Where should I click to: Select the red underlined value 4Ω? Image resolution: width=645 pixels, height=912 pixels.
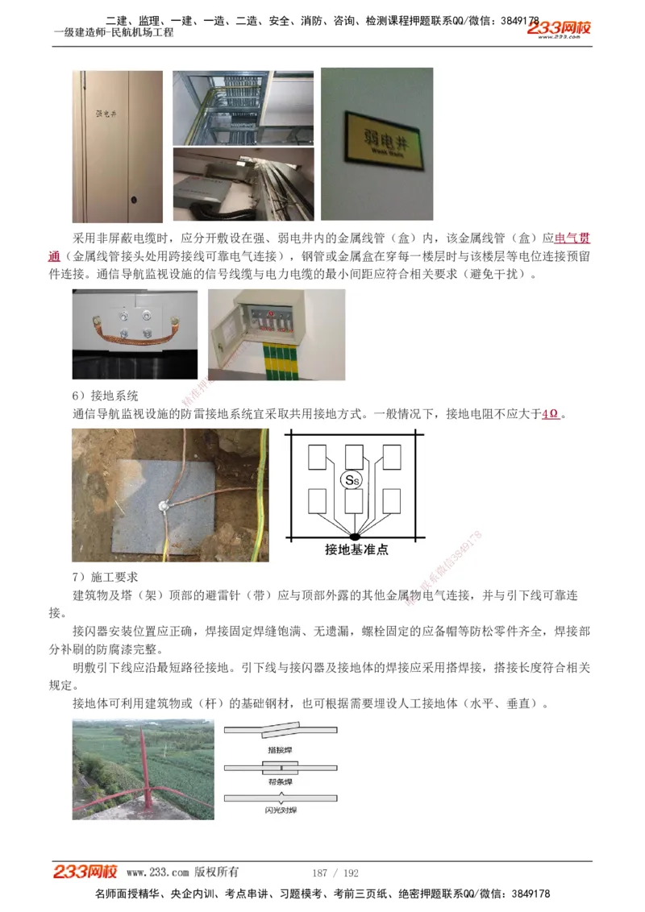[551, 414]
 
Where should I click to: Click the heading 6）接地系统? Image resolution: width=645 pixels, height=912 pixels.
[105, 396]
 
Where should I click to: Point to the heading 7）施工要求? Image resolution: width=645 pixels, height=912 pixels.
[105, 578]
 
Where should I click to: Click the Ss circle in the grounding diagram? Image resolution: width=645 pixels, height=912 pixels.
[352, 480]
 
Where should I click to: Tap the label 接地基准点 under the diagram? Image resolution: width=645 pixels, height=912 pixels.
[356, 549]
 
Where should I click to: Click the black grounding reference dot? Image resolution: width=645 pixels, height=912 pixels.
[355, 536]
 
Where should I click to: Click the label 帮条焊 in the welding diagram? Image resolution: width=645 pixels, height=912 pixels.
[280, 781]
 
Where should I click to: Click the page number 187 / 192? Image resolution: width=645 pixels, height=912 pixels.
[335, 873]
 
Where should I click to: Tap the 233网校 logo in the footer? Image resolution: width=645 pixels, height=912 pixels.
[85, 872]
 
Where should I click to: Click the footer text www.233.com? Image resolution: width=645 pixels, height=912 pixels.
[157, 873]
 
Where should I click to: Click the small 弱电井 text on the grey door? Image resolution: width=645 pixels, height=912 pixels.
[106, 116]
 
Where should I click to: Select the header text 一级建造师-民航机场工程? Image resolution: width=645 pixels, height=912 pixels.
[113, 33]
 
